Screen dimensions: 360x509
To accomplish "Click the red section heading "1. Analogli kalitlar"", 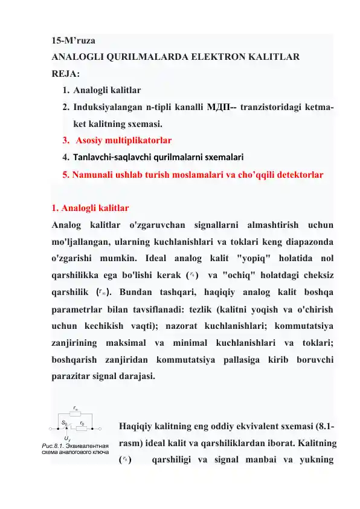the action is [x=90, y=208].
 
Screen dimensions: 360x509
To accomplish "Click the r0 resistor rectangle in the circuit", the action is [x=82, y=429].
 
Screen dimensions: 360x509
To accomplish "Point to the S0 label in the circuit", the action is [x=63, y=423].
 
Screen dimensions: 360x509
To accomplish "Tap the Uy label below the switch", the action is [x=66, y=438].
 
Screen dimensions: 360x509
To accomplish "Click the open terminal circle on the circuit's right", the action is [x=101, y=429].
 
